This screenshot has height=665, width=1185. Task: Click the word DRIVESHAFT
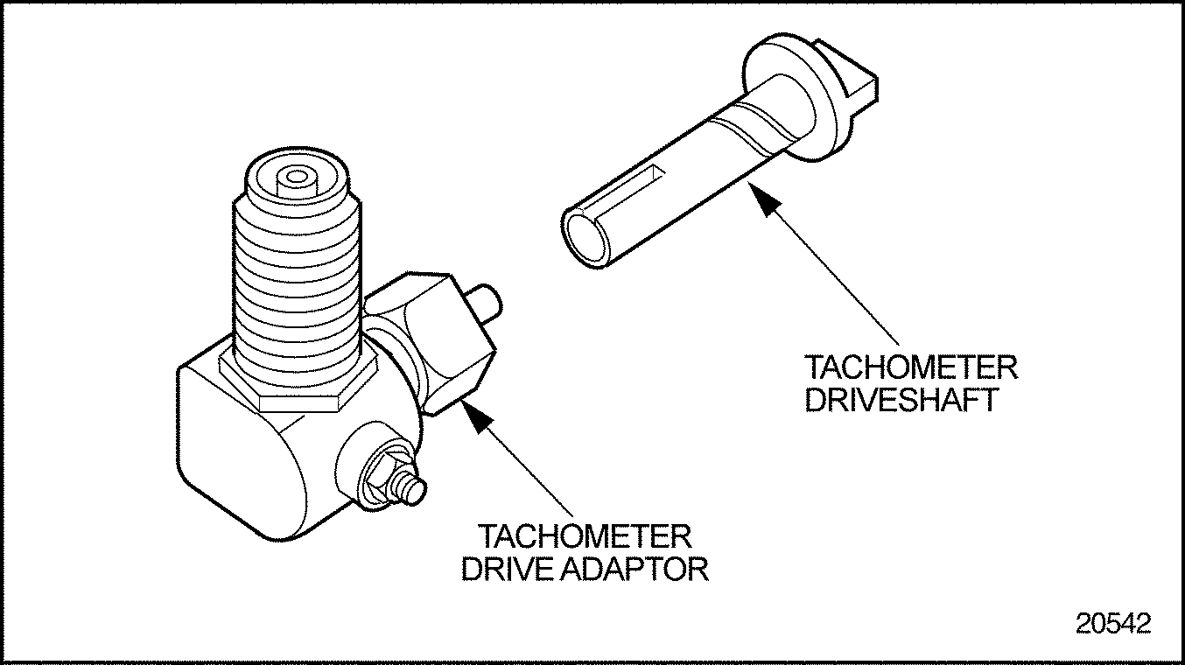point(901,399)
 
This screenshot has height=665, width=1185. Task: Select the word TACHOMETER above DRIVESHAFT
point(911,367)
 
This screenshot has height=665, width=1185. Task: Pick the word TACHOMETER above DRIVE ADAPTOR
point(584,535)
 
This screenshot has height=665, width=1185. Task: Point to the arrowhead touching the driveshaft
point(767,201)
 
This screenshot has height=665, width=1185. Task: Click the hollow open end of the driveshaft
point(584,239)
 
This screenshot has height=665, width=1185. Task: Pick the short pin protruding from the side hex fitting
point(485,301)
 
